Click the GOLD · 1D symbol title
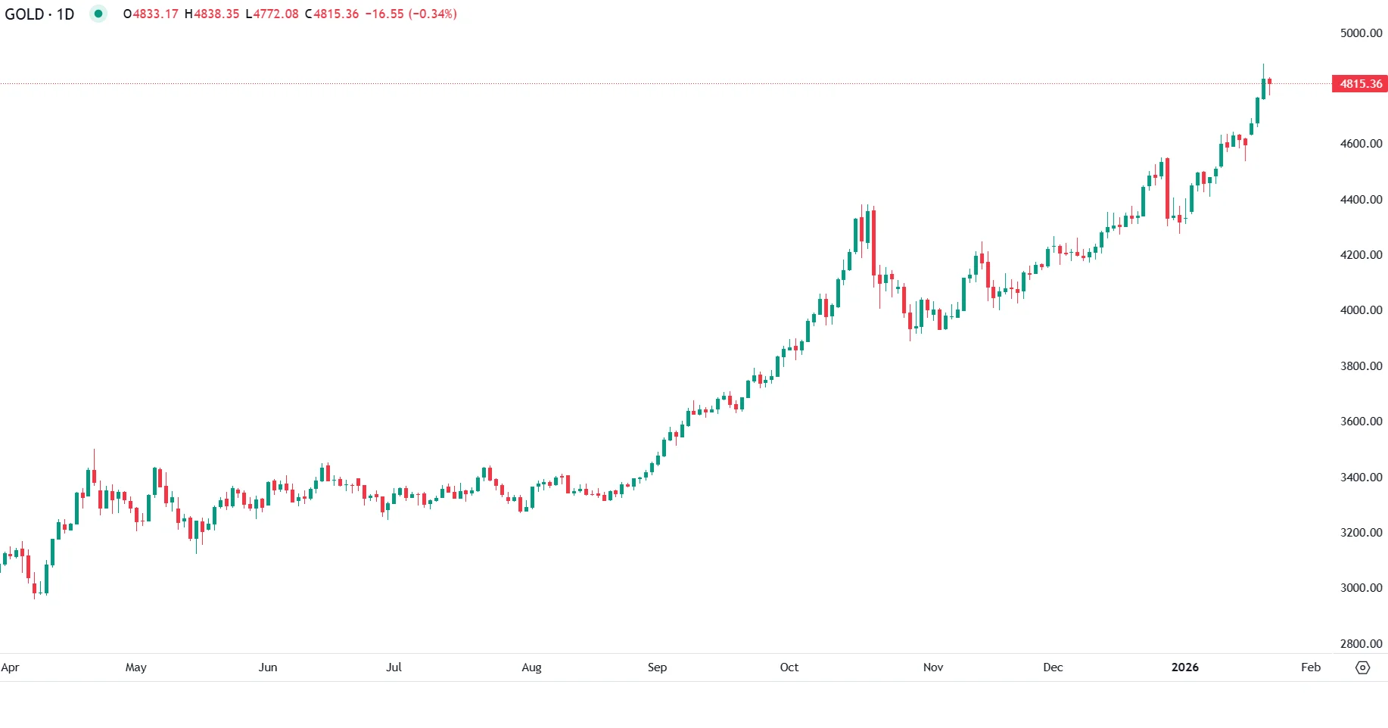pos(39,14)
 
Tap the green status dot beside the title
pos(98,14)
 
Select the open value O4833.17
pos(151,14)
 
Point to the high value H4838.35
pos(211,14)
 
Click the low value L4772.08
pos(272,14)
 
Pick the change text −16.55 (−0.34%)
pos(411,14)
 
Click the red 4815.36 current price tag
pos(1360,84)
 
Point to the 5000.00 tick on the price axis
pos(1360,33)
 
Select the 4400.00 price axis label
pos(1360,200)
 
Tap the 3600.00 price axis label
pos(1360,422)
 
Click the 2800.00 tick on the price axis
pos(1360,644)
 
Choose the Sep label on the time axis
pos(657,667)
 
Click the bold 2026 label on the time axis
pos(1184,667)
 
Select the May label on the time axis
pos(135,667)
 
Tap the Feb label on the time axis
pos(1310,667)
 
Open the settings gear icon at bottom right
pos(1362,667)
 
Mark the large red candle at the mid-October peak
pos(873,242)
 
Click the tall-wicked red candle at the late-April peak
pos(94,476)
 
